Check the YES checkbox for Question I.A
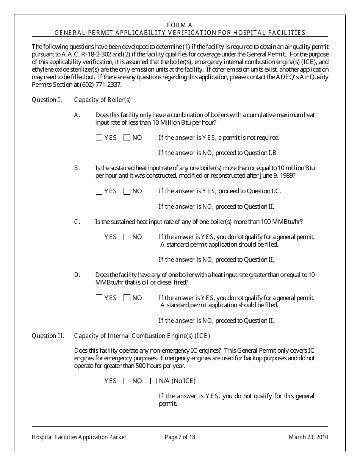99,138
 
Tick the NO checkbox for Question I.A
127,138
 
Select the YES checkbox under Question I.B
99,191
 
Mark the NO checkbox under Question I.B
127,191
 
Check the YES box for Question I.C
99,237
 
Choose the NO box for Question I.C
127,237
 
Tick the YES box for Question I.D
99,298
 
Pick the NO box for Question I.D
127,298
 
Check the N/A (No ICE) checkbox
153,381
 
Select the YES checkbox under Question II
99,381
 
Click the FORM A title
180,25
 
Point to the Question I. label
47,100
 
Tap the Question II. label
48,336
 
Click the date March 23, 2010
308,437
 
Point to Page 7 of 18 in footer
180,437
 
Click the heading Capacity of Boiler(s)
102,100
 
